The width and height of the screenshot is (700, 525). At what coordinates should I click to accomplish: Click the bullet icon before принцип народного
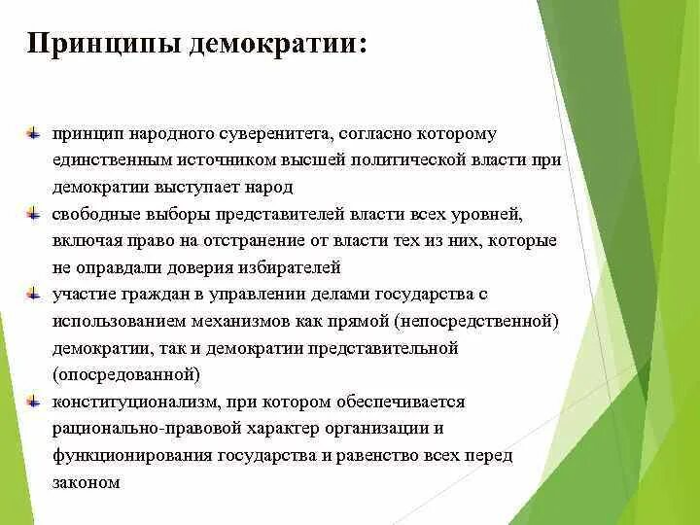pos(34,130)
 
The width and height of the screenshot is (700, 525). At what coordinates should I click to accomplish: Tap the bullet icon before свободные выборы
pos(34,211)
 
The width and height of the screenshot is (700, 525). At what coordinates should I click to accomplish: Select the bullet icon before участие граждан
pos(34,292)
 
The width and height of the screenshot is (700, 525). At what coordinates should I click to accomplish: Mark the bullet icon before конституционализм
pos(34,400)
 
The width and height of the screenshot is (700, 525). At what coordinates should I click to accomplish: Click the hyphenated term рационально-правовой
pos(147,429)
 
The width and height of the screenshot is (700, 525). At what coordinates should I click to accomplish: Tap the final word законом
pos(87,482)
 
